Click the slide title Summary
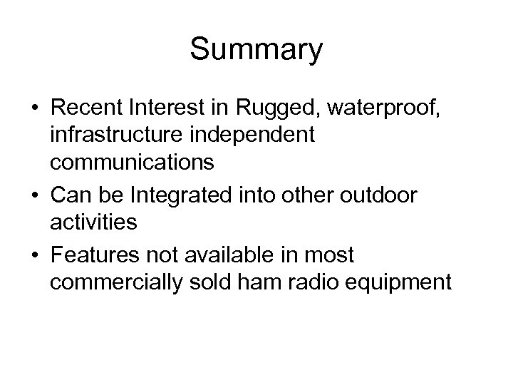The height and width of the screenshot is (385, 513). click(x=256, y=51)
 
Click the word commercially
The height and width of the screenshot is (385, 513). click(x=120, y=282)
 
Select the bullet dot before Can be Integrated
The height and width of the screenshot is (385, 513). click(x=36, y=195)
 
